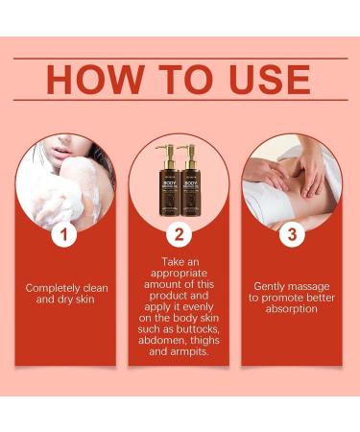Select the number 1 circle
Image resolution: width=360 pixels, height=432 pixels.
pyautogui.click(x=66, y=233)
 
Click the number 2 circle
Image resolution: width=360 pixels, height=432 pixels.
pyautogui.click(x=179, y=233)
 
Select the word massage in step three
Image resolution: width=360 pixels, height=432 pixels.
pyautogui.click(x=314, y=286)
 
